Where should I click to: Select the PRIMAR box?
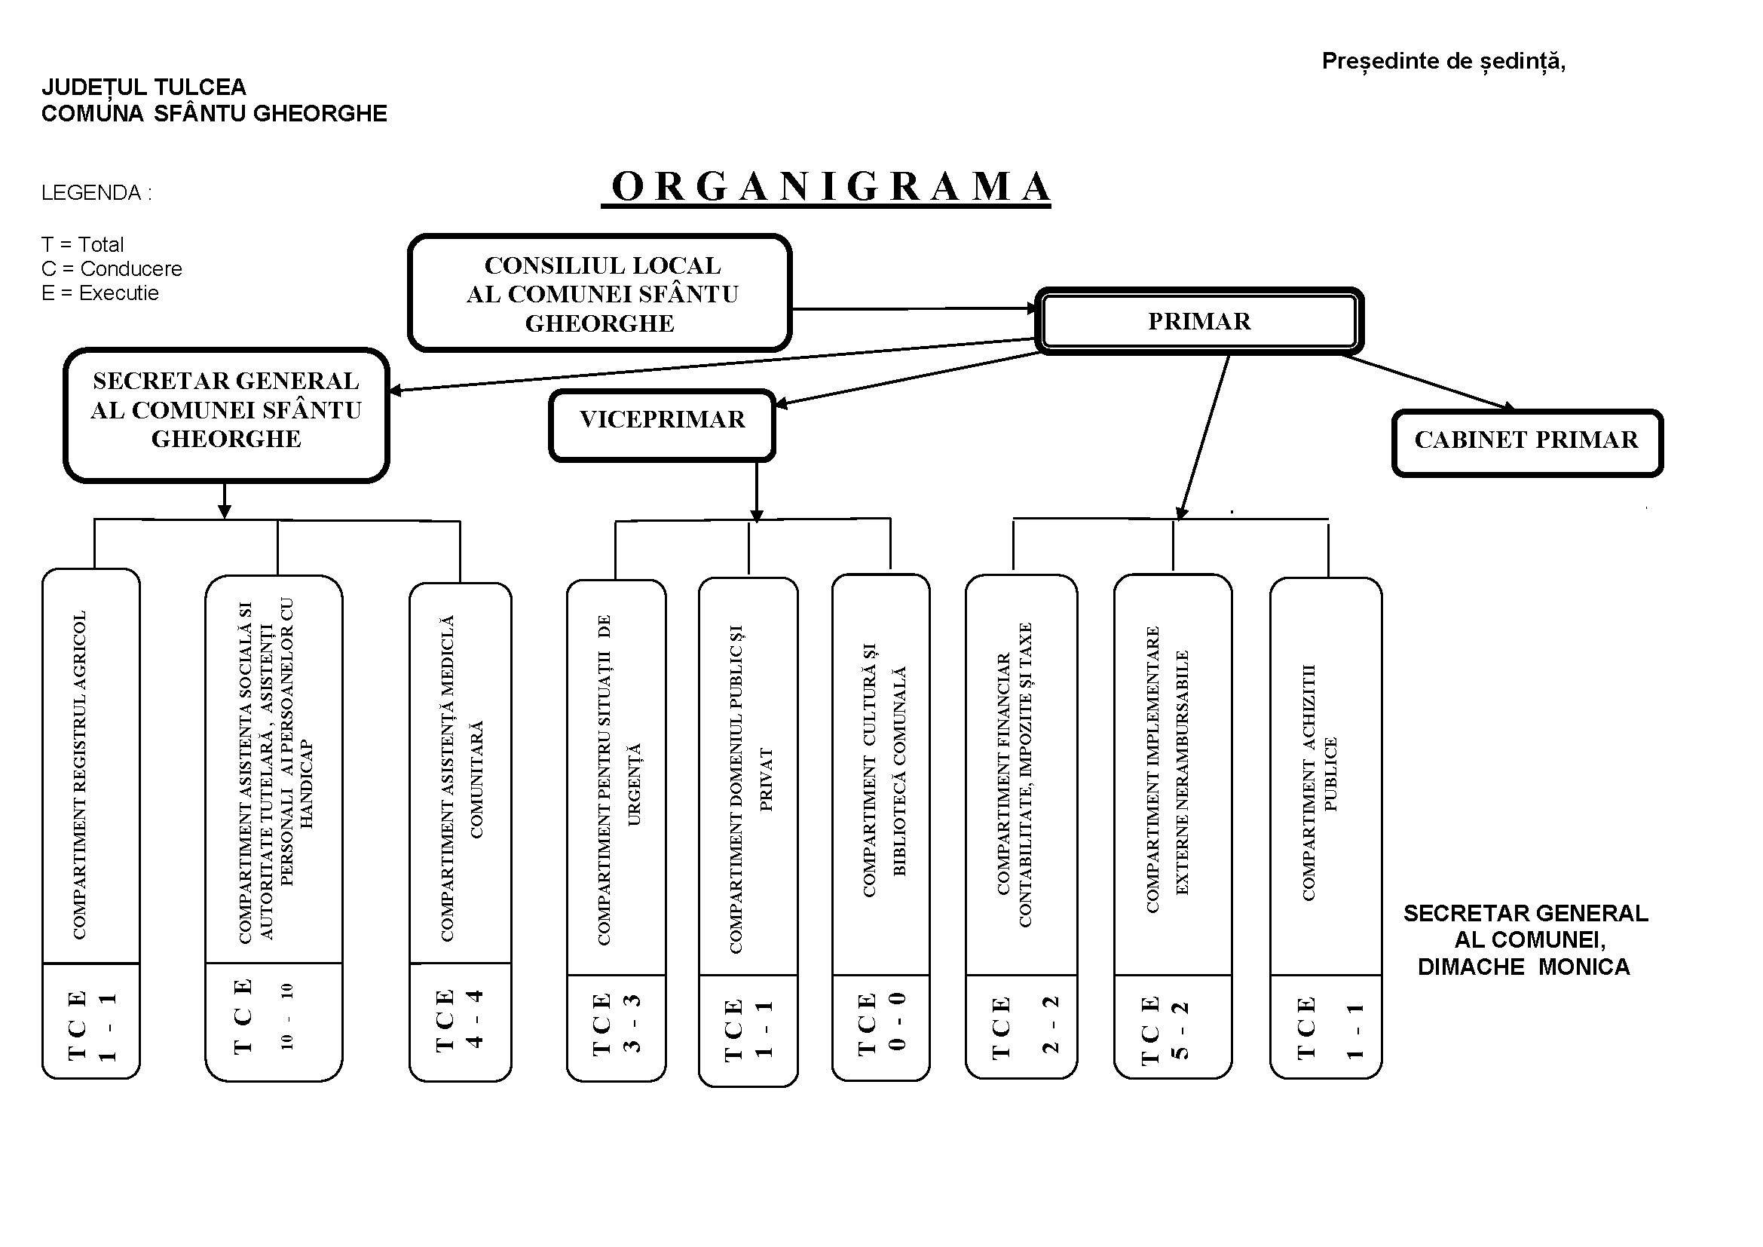pyautogui.click(x=1198, y=321)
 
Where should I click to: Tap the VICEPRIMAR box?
pyautogui.click(x=662, y=424)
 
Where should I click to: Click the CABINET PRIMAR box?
pyautogui.click(x=1526, y=443)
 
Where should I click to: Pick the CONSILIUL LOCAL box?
pyautogui.click(x=600, y=293)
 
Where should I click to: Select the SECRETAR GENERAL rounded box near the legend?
pyautogui.click(x=226, y=415)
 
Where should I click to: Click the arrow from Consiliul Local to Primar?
pyautogui.click(x=914, y=308)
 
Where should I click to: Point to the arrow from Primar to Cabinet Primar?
pyautogui.click(x=1428, y=381)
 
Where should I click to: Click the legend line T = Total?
pyautogui.click(x=82, y=245)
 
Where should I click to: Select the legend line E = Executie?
pyautogui.click(x=99, y=293)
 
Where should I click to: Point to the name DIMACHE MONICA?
pyautogui.click(x=1523, y=967)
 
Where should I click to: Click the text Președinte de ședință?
pyautogui.click(x=1443, y=61)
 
